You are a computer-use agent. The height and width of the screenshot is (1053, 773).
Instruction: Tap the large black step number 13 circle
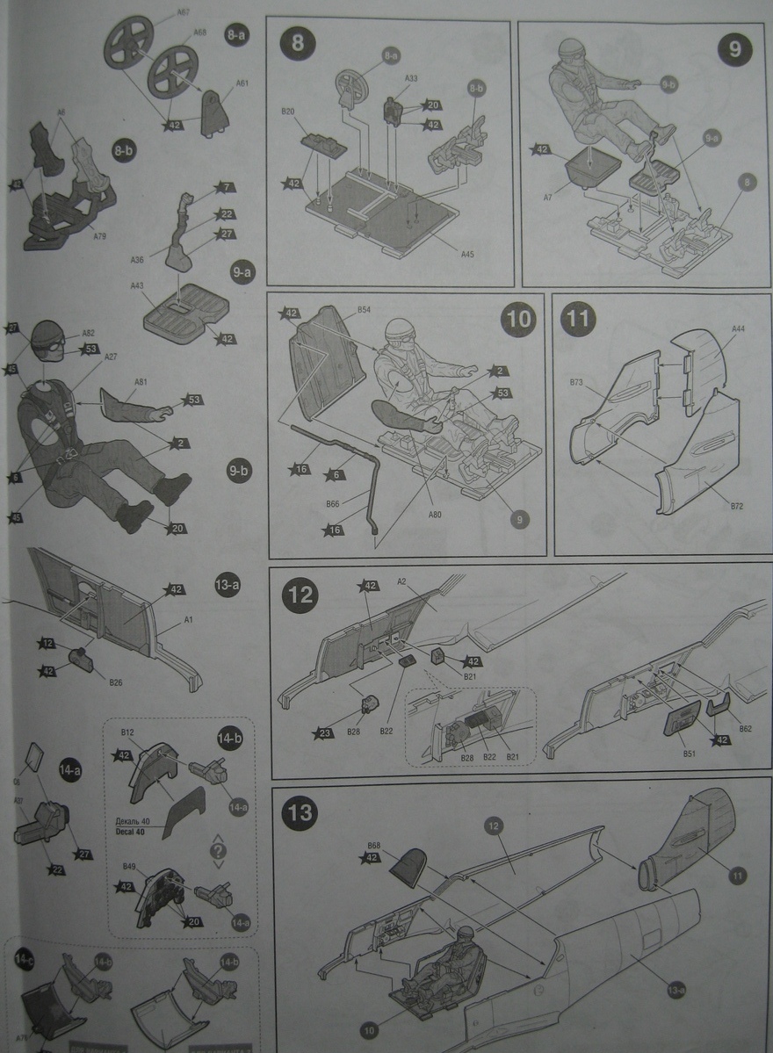(300, 813)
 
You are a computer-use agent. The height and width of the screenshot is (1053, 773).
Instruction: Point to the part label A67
(184, 13)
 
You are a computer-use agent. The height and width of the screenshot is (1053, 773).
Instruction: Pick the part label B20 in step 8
(287, 112)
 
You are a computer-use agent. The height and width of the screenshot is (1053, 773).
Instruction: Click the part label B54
(364, 310)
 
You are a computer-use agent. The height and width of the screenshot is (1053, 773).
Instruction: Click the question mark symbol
(219, 851)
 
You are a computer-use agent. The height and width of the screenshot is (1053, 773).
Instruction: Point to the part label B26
(114, 682)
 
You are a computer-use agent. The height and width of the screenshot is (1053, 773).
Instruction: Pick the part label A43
(137, 286)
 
